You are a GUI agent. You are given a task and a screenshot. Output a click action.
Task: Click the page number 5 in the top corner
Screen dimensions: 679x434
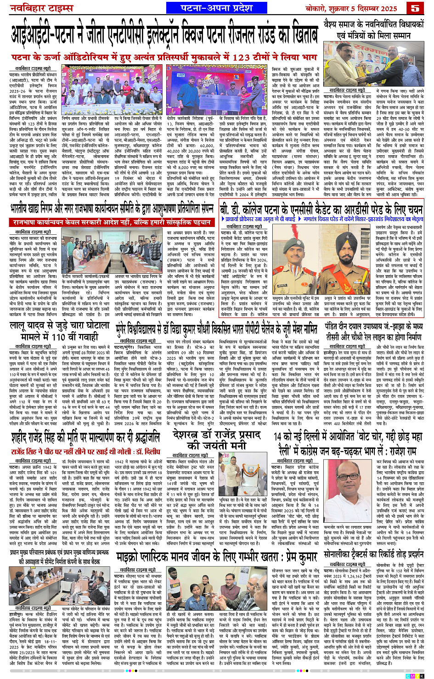click(x=416, y=8)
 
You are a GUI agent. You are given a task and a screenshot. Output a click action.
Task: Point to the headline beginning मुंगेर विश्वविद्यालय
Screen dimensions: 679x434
click(x=216, y=328)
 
